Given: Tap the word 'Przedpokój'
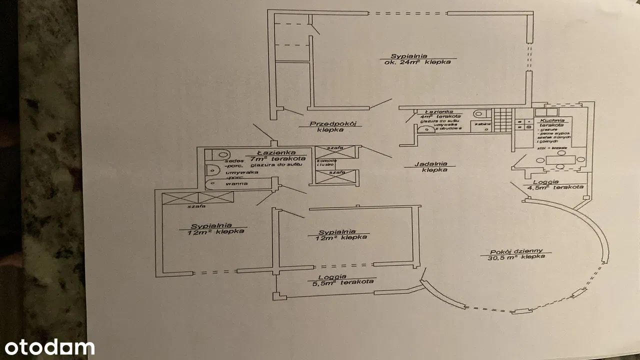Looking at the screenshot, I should point(329,123).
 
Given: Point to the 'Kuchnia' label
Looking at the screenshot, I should point(552,120).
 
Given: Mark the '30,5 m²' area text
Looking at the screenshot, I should point(502,257).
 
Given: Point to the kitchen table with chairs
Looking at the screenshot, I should point(558,161).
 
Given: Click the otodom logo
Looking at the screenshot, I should point(47,347).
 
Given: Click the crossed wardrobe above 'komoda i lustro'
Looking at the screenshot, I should point(336,151).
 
